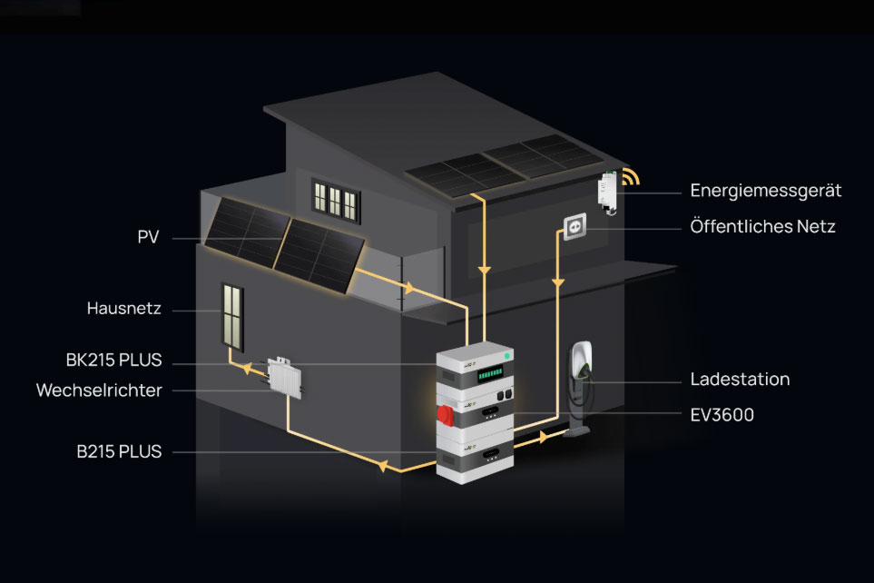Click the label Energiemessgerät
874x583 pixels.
click(765, 192)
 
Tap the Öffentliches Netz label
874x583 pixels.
click(762, 227)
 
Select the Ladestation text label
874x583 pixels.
click(739, 380)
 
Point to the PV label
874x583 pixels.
click(148, 238)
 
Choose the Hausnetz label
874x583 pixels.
click(123, 309)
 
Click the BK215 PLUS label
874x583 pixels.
click(113, 361)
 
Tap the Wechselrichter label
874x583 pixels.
click(99, 390)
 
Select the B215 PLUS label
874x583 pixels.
click(120, 451)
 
